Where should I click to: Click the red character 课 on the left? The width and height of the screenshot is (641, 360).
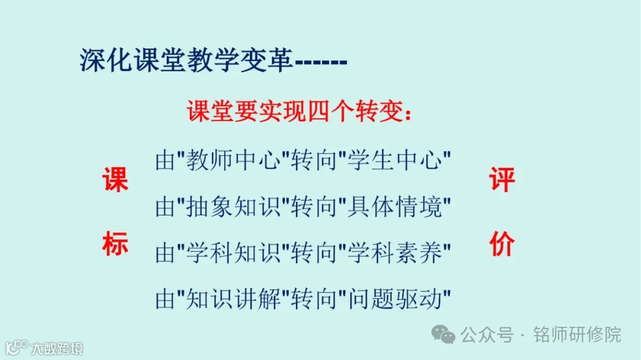[115, 180]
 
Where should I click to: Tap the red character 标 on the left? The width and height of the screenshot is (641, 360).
[115, 244]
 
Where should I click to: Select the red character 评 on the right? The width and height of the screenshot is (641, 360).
[502, 180]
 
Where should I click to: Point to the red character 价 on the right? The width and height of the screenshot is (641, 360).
[502, 244]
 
